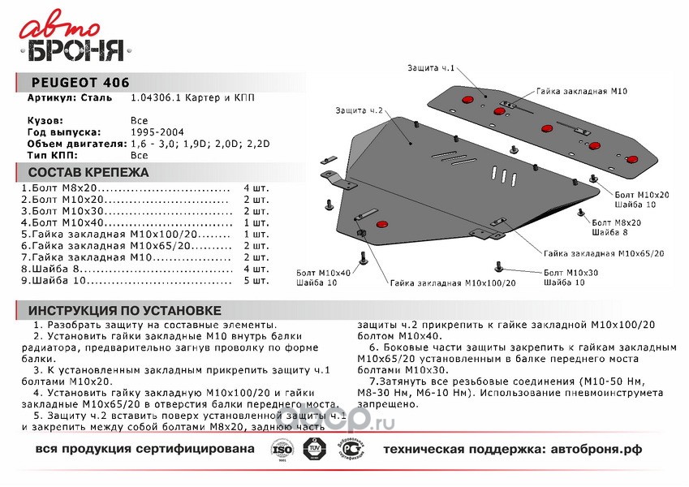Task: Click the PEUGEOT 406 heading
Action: (80, 82)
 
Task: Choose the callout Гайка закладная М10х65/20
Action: (605, 253)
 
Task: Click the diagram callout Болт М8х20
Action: (616, 222)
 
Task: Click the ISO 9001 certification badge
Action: (282, 449)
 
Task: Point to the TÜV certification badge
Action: (313, 449)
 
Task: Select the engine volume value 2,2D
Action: (256, 143)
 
